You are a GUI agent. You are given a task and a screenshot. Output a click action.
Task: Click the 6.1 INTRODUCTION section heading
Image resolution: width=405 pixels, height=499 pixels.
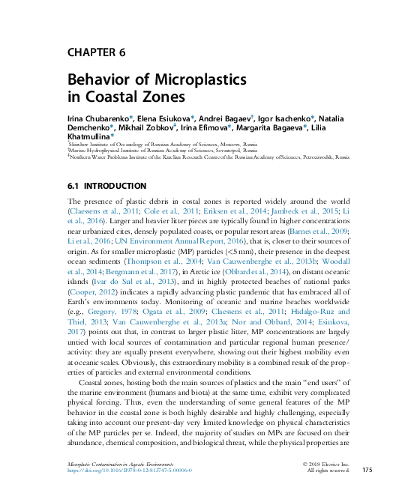point(106,185)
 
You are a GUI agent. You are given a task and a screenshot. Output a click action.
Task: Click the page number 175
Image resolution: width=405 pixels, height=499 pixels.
point(366,470)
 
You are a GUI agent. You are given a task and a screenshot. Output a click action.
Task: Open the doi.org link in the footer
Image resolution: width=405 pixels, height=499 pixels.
point(130,471)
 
